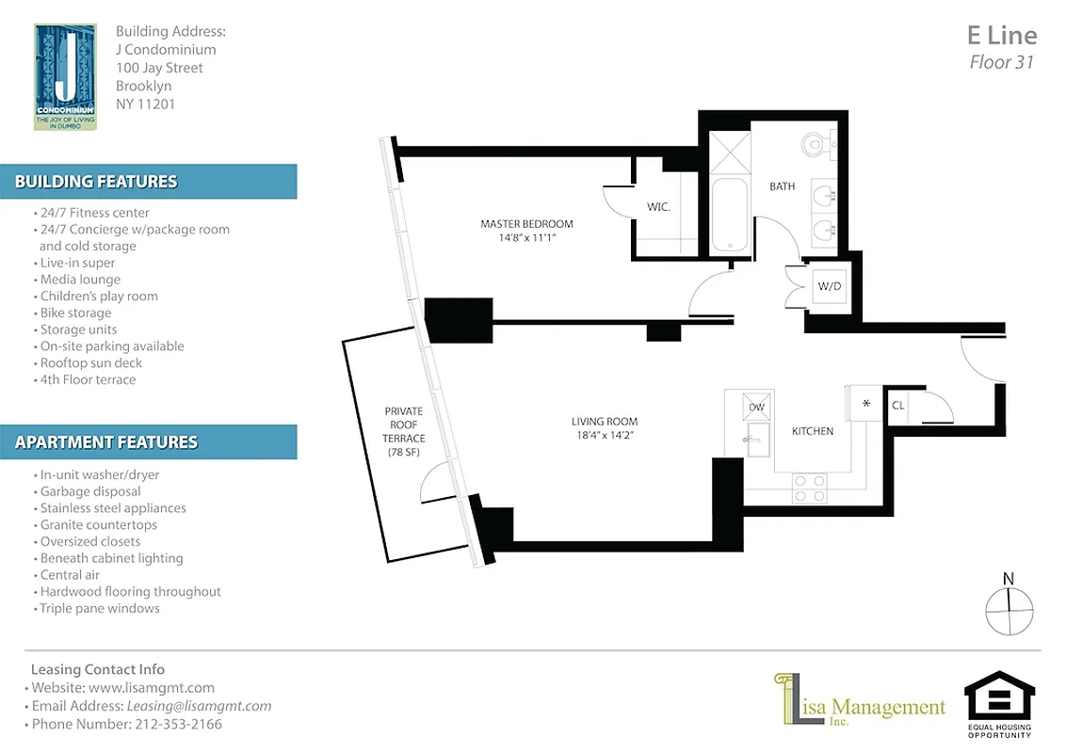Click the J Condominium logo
(64, 76)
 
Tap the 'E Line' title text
(1001, 36)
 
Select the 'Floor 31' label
(1002, 63)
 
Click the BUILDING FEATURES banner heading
(96, 182)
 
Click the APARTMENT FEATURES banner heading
(106, 441)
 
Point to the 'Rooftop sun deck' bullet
(90, 363)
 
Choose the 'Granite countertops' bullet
(98, 524)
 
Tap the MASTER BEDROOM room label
(526, 224)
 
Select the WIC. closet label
(658, 207)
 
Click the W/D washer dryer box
(829, 285)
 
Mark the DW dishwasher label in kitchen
(756, 407)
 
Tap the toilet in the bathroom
(815, 144)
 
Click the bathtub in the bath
(729, 215)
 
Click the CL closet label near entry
(897, 406)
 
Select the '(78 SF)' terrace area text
(403, 453)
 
